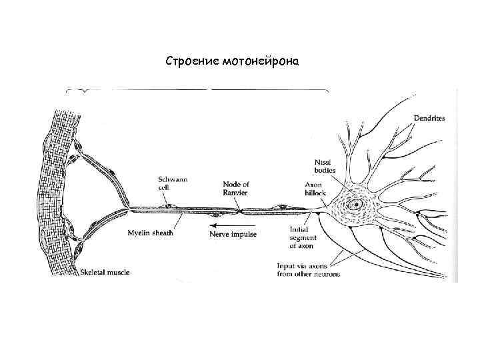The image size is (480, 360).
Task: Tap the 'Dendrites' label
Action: coord(429,118)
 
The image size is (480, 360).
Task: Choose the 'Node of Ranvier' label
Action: coord(235,187)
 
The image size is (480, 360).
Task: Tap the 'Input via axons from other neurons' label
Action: coord(308,269)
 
